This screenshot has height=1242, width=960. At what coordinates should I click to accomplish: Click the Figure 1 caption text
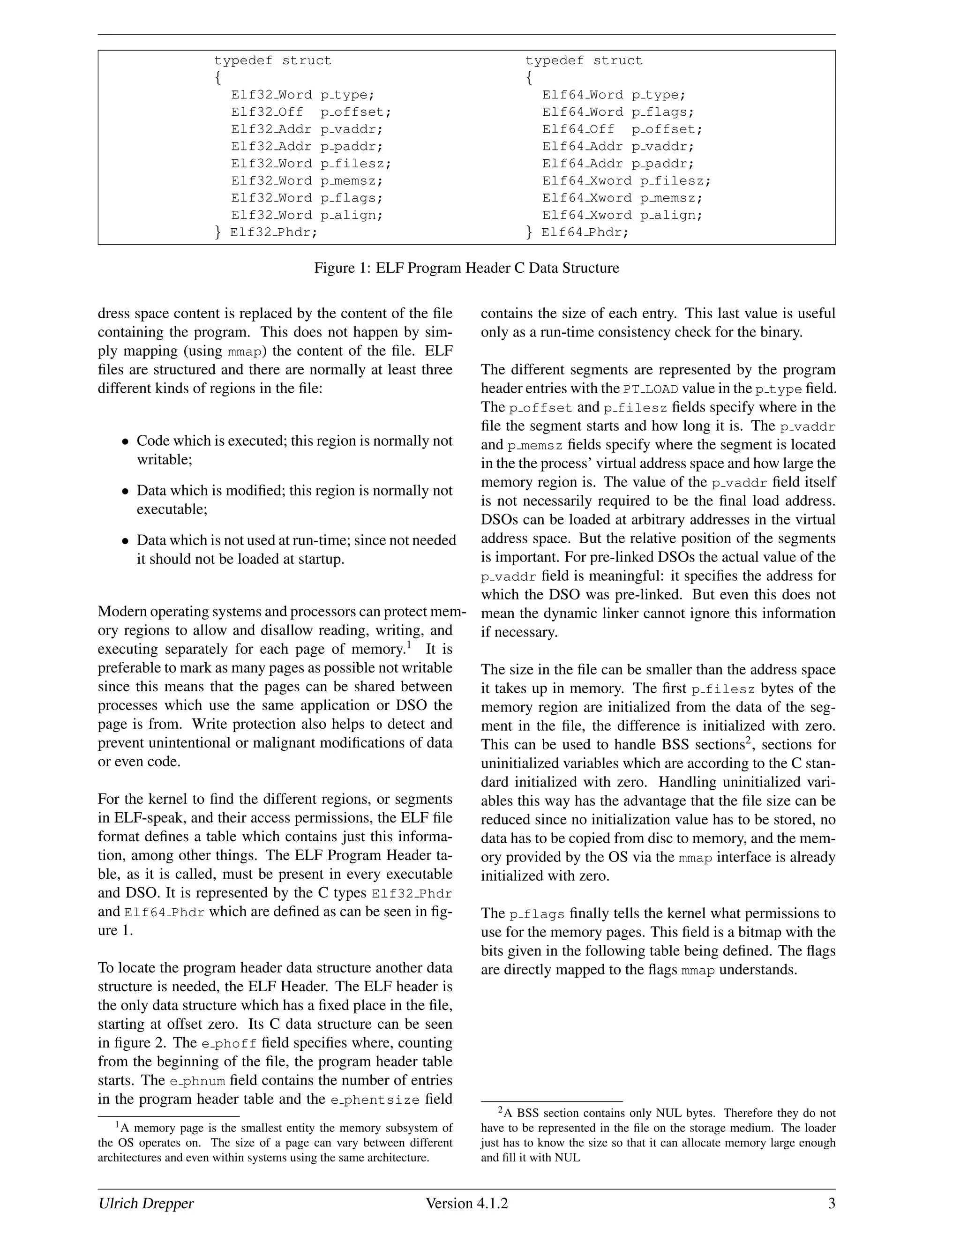pyautogui.click(x=466, y=268)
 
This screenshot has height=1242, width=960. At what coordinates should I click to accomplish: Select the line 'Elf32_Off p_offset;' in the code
pyautogui.click(x=311, y=112)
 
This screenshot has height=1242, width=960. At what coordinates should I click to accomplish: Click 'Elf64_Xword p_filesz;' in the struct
pyautogui.click(x=626, y=181)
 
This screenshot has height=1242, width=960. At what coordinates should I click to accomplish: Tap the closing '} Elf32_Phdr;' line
pyautogui.click(x=266, y=232)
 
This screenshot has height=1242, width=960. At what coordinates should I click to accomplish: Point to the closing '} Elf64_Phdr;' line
pyautogui.click(x=577, y=232)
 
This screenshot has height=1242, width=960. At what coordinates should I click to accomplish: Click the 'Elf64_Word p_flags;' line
pyautogui.click(x=618, y=112)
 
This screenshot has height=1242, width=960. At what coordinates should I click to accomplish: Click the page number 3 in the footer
pyautogui.click(x=831, y=1203)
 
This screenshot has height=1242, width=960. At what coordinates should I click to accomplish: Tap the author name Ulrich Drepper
pyautogui.click(x=146, y=1203)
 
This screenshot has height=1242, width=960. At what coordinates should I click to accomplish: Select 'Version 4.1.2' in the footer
pyautogui.click(x=466, y=1203)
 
